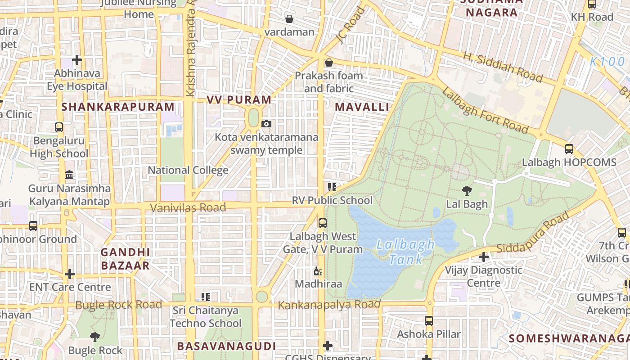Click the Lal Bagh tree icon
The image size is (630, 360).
tap(467, 191)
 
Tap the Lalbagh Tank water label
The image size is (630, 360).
tap(405, 252)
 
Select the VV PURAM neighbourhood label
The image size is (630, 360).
tap(239, 100)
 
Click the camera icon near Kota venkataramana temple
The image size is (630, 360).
tap(266, 124)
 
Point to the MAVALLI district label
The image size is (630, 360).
tap(362, 107)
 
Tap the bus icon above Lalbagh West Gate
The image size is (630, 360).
tap(322, 223)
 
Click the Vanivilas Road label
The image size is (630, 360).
tap(188, 207)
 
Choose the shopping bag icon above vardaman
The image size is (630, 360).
tap(289, 19)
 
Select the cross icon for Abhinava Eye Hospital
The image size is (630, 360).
tap(77, 59)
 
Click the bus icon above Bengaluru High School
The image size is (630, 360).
tap(59, 127)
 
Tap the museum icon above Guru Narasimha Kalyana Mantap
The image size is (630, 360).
tap(69, 175)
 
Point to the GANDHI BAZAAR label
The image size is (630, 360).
tap(125, 259)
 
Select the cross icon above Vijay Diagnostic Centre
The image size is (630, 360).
tap(484, 257)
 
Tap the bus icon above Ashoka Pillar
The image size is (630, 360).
tap(429, 321)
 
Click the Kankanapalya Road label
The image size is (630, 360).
tap(329, 305)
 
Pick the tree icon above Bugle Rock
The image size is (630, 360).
tap(94, 337)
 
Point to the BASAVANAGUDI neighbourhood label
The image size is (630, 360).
tap(226, 346)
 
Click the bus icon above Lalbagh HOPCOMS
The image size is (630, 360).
tap(569, 149)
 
